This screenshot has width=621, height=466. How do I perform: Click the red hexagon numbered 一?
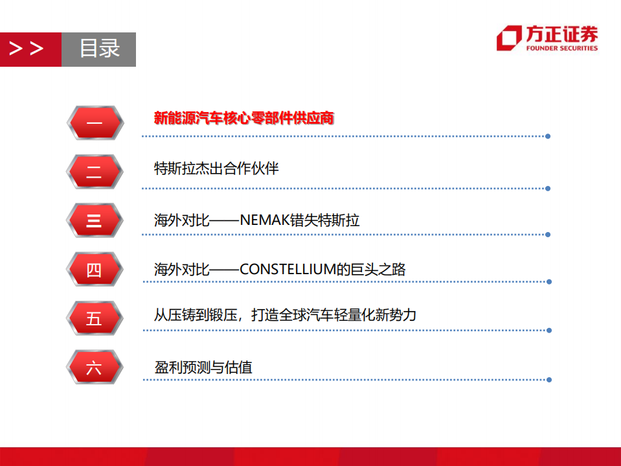coord(95,122)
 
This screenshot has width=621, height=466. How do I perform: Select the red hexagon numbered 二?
coord(95,172)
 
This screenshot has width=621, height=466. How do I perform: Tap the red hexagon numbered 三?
coord(95,220)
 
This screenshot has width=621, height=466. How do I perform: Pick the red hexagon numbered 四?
coord(95,269)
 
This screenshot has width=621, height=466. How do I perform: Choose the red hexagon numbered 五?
coord(95,318)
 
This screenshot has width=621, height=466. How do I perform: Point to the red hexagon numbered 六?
coord(95,367)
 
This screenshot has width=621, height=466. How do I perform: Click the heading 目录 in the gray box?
coord(99,49)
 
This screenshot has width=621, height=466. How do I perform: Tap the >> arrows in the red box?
coord(27,49)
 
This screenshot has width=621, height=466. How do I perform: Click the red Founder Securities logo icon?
coord(509,38)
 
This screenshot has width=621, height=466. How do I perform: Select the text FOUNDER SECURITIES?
coord(561,48)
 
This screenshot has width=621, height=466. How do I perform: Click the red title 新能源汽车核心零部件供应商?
coord(243,118)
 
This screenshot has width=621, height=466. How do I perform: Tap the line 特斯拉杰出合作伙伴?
coord(216,169)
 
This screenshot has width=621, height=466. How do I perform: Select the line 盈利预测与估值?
coord(203,367)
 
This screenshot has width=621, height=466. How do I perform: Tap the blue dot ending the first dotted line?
coord(548,136)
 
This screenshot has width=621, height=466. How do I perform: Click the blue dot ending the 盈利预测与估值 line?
coord(548,380)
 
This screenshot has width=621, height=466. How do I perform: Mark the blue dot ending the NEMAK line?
coord(548,234)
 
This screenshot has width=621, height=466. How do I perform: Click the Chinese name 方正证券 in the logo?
coord(561,34)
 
